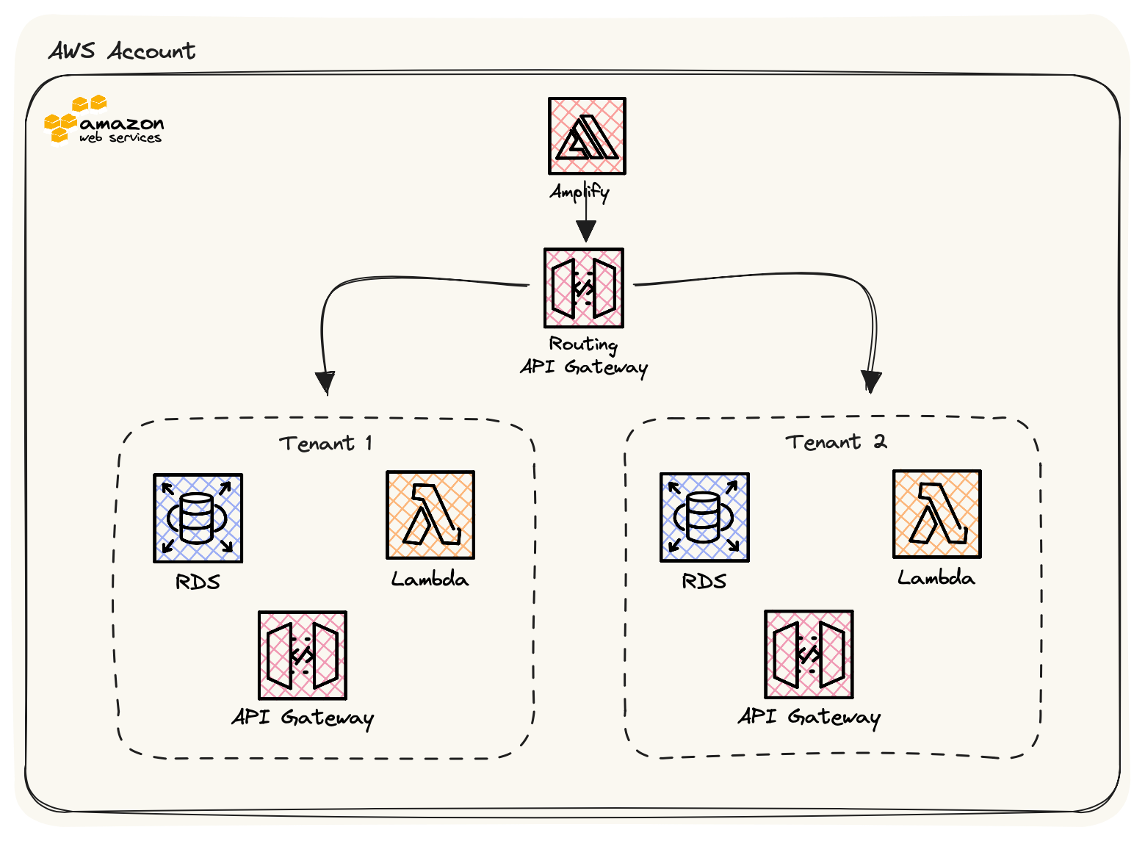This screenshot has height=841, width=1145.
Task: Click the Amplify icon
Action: [x=587, y=136]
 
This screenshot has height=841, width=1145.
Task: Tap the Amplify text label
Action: [x=579, y=192]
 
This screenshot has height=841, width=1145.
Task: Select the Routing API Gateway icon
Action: [x=584, y=288]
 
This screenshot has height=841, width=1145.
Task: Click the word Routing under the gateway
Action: [x=583, y=344]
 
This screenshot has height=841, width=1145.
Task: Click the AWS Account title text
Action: [x=122, y=51]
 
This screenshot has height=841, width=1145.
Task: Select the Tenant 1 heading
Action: [x=325, y=443]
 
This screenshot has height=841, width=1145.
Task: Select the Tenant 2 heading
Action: [x=836, y=441]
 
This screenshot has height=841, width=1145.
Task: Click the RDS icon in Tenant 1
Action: [x=198, y=518]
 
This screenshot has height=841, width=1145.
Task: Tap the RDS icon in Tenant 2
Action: [x=704, y=517]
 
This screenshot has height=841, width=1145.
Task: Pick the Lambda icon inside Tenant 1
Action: [x=430, y=515]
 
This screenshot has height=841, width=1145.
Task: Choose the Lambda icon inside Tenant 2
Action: [x=936, y=514]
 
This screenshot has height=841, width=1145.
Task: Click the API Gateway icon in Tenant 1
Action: [x=302, y=655]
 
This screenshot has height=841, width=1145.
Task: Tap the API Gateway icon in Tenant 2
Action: [x=809, y=654]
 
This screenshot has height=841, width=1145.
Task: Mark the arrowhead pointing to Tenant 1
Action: [x=325, y=383]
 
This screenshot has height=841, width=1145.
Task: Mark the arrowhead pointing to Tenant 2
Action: [x=871, y=382]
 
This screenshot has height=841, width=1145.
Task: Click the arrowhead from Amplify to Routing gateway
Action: [x=585, y=231]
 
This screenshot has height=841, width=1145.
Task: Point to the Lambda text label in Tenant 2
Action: [x=936, y=578]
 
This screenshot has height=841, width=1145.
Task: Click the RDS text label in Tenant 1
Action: [x=198, y=582]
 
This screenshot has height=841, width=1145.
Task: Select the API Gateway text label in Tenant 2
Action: [x=809, y=716]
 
